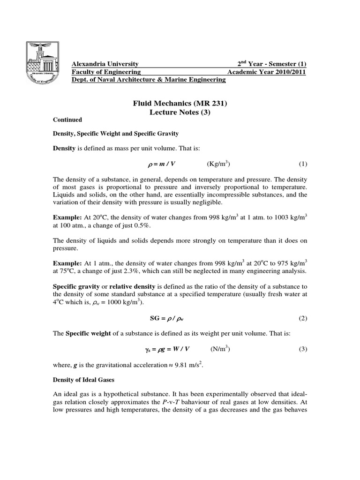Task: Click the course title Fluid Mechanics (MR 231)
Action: pos(180,103)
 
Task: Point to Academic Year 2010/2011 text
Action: pos(266,72)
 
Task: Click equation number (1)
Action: pos(302,164)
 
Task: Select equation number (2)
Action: pos(302,318)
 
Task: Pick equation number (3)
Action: pos(302,349)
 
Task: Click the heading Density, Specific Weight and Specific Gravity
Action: pos(115,134)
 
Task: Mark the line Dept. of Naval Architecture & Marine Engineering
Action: pos(148,80)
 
